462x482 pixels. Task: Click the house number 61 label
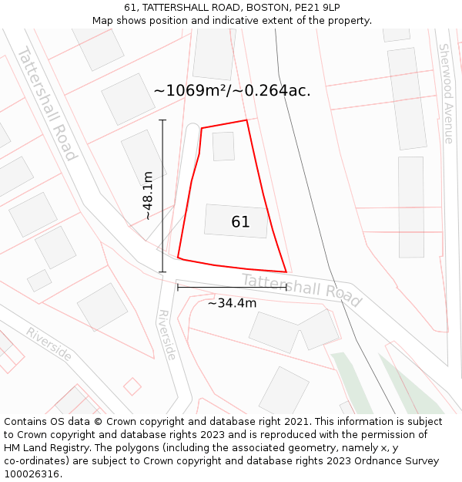coord(240,222)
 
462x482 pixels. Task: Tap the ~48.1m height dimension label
coord(147,196)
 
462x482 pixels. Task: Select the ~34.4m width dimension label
coord(232,303)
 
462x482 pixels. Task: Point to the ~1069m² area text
coord(232,90)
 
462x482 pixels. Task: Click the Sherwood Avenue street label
coord(446,93)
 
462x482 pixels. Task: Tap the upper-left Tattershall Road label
coord(47,104)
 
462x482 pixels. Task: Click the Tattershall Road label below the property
coord(301,289)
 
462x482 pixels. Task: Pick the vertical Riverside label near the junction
coord(166,335)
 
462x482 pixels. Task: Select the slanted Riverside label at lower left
coord(49,344)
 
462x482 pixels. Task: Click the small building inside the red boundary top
coord(223,147)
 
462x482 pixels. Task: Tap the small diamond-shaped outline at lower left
coord(132,386)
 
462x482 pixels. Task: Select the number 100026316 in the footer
coord(32,474)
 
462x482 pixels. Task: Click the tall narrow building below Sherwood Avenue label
coord(411,207)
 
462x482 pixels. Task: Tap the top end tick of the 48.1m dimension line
coord(162,120)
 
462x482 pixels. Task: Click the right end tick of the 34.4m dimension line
coord(286,288)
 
